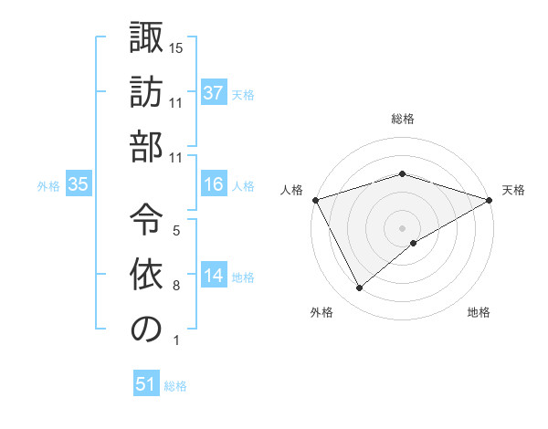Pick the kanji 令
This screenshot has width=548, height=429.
point(146,215)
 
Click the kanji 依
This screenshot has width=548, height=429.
point(146,272)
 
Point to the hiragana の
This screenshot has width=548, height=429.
point(146,328)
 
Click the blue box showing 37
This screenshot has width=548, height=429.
point(214,93)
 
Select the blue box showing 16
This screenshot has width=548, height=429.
point(214,185)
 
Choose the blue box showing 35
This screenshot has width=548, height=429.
point(79,185)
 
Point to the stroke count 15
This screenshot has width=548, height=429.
point(177,47)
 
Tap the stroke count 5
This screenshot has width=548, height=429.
point(176,230)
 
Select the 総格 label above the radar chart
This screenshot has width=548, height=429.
point(403,120)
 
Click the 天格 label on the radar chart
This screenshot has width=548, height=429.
point(514,190)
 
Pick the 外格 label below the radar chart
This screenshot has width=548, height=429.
point(321,313)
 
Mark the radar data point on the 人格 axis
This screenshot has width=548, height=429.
point(315,200)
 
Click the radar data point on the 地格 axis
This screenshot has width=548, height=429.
point(414,243)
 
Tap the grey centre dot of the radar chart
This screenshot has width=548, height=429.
point(403,227)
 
